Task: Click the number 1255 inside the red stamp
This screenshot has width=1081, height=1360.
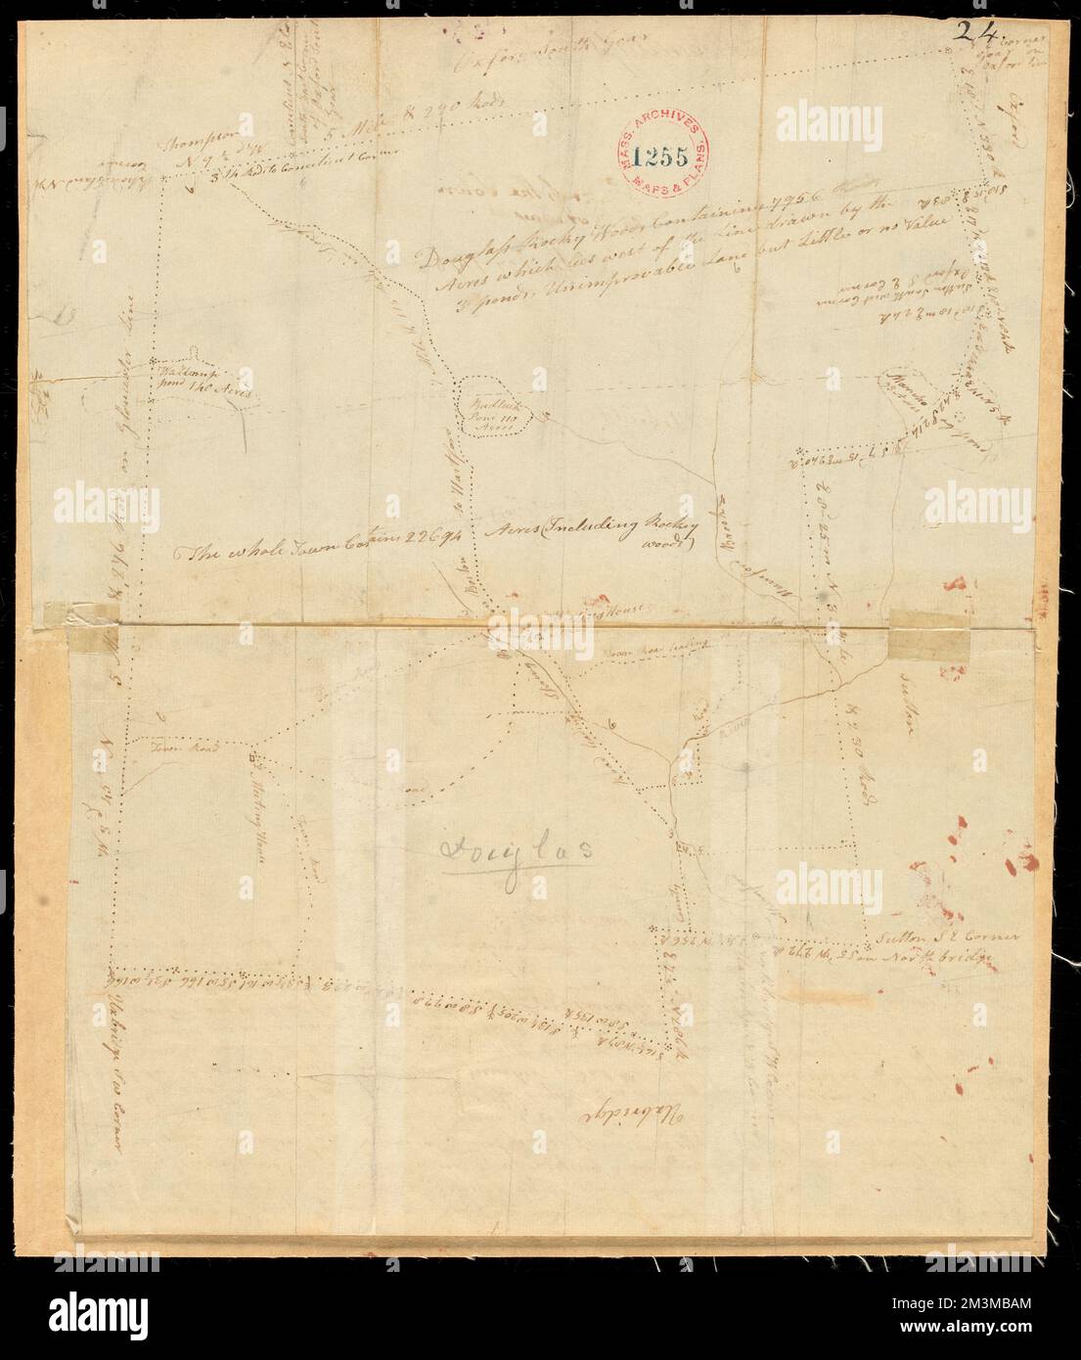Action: click(x=662, y=154)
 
